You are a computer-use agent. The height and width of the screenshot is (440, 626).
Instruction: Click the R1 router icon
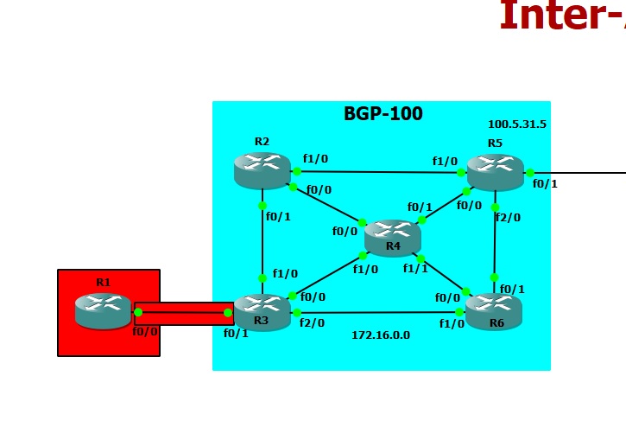point(103,309)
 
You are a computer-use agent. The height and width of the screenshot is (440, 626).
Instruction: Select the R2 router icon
point(262,169)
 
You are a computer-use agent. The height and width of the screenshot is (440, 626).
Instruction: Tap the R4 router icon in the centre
point(392,235)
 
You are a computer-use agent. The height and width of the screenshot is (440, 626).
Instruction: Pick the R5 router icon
point(495,170)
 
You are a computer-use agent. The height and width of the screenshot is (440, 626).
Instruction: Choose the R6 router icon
point(493,309)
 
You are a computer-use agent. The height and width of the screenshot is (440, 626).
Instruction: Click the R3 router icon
point(262,309)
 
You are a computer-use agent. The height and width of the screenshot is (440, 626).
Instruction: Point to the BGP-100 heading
point(383,114)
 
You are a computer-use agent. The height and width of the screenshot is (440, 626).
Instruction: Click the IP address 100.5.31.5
point(516,124)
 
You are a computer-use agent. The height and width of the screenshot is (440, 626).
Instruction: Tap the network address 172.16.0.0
point(380,335)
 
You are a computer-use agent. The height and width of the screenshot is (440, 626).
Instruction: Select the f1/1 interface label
point(415,269)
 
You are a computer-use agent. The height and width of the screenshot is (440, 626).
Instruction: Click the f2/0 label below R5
point(508,218)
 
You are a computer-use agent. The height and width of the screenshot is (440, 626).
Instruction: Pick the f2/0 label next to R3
point(312,323)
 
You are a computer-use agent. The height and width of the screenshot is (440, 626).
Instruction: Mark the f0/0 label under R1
point(144,331)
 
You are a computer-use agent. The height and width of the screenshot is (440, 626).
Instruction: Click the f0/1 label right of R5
point(545,184)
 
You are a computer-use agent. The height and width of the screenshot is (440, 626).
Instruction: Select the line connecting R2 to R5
point(380,172)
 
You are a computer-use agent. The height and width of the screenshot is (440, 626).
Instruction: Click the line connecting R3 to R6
point(380,312)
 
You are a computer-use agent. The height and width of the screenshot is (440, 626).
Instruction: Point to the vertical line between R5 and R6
point(494,242)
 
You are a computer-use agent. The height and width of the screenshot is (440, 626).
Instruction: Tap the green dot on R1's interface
point(138,312)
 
